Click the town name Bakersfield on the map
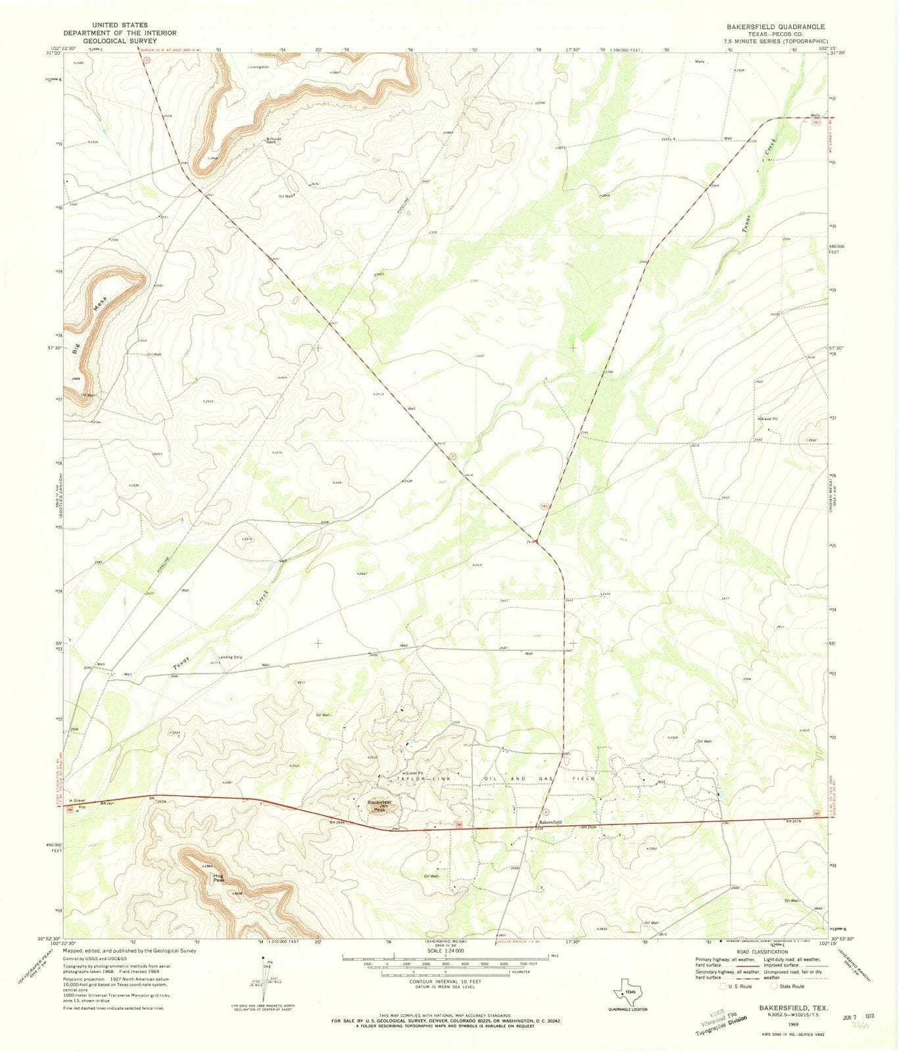point(550,823)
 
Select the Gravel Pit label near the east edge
point(769,418)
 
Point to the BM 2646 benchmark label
point(337,823)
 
